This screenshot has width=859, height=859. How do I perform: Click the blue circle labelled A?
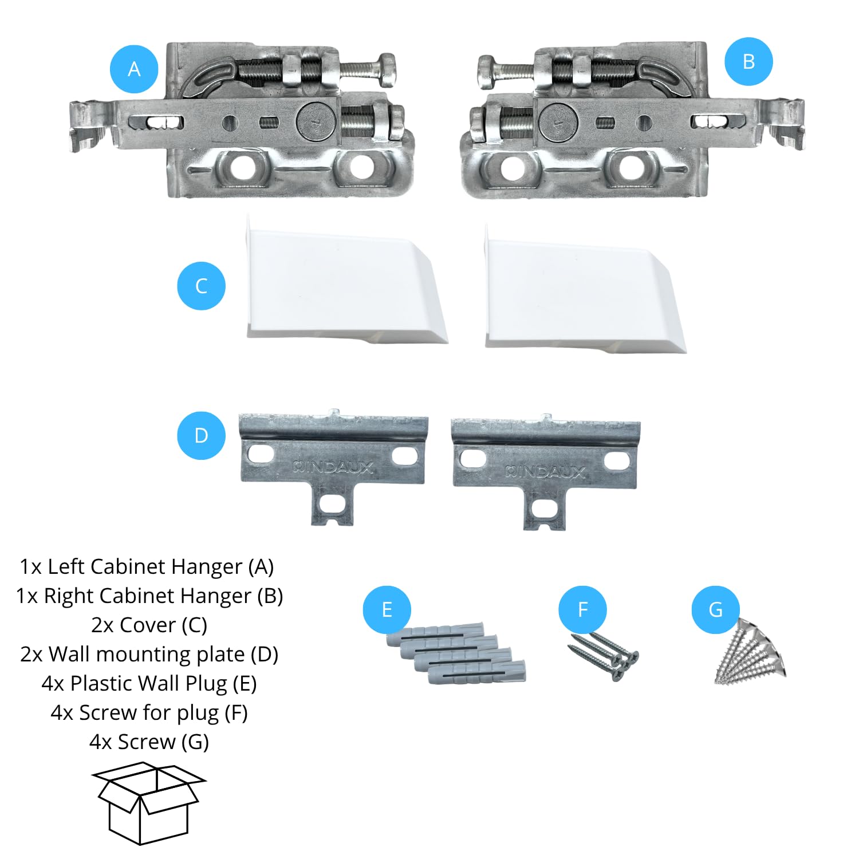tap(134, 69)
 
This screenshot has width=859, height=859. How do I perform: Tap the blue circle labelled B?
tap(748, 61)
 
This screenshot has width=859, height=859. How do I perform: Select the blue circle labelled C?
tap(201, 286)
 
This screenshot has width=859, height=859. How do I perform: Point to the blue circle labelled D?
tap(201, 435)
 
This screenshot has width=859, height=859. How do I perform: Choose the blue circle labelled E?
tap(387, 609)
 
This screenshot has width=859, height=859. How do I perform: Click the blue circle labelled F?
tap(583, 609)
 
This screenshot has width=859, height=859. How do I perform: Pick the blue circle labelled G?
tap(716, 609)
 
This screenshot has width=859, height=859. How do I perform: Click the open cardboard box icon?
tap(149, 803)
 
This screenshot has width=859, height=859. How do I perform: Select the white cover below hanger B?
tap(584, 289)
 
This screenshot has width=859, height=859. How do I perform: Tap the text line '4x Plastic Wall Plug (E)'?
tap(149, 683)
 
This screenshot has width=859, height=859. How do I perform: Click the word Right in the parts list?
tap(69, 596)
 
